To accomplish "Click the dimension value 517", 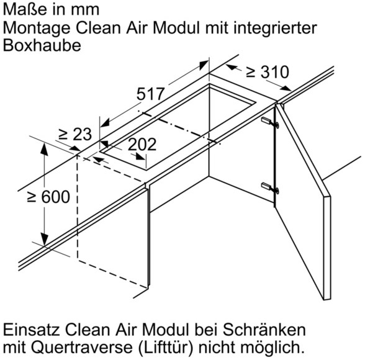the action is click(x=150, y=94).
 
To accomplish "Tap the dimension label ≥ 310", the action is click(x=268, y=72).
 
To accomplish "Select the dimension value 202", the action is click(x=142, y=145).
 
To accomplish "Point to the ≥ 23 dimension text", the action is click(x=75, y=134).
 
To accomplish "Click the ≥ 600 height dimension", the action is click(x=48, y=197).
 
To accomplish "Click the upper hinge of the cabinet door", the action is click(x=270, y=122).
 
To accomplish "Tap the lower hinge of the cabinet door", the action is click(x=270, y=188).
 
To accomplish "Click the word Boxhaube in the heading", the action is click(x=42, y=45).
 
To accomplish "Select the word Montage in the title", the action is click(x=37, y=29).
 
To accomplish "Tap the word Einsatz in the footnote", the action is click(x=32, y=330).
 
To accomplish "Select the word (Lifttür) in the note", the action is click(x=166, y=348).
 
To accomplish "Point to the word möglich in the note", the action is click(x=272, y=348).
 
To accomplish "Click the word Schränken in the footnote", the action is click(x=264, y=330).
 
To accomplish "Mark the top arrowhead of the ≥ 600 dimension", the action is click(x=44, y=149).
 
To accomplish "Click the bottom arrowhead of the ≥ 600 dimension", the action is click(x=44, y=239).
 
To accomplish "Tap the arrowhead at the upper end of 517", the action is click(x=204, y=65).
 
